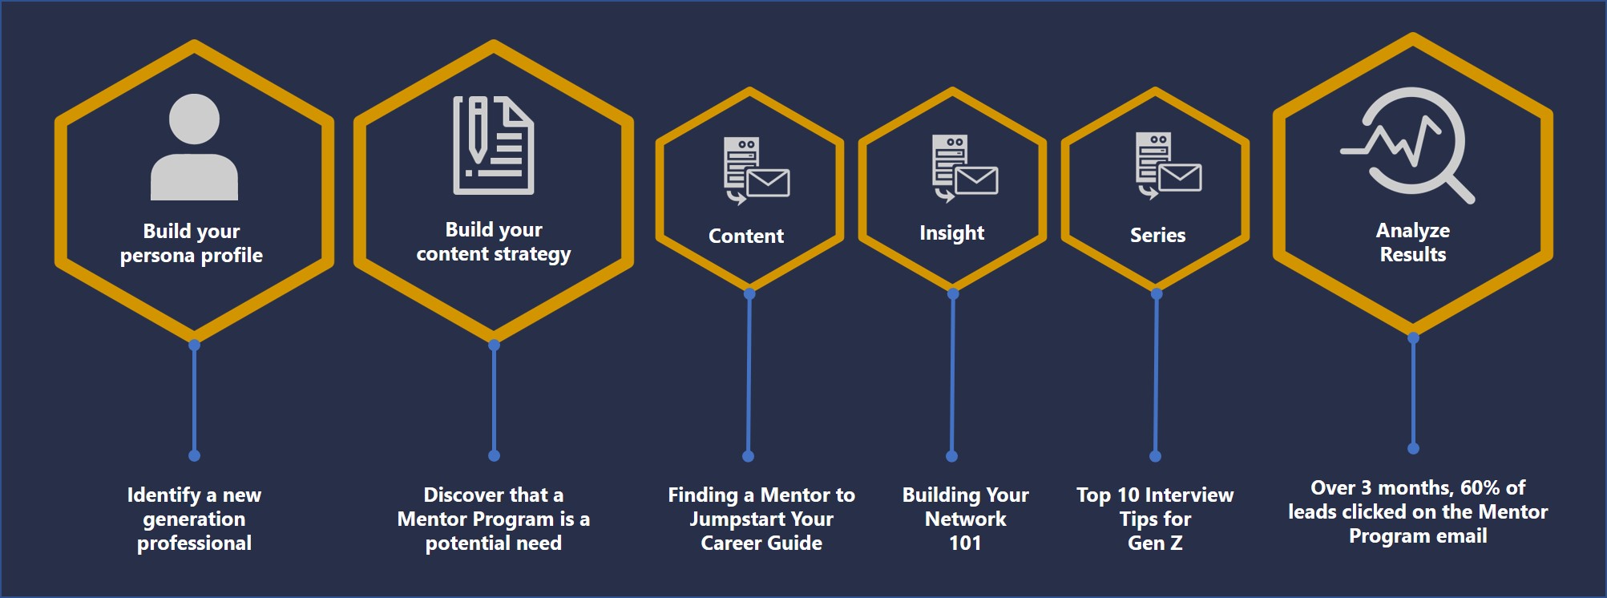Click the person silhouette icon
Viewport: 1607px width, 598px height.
click(x=194, y=147)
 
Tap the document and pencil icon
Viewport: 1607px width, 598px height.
click(x=493, y=145)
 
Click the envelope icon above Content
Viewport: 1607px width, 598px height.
click(x=768, y=182)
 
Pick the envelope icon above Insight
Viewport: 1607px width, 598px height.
click(x=976, y=180)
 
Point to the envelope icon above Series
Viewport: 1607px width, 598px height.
click(x=1180, y=177)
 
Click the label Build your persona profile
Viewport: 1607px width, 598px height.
click(x=192, y=243)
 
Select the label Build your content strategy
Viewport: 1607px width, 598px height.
click(x=494, y=241)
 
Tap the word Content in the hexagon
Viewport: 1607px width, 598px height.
click(x=746, y=236)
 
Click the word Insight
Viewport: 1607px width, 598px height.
click(x=951, y=232)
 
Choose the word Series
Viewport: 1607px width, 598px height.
click(x=1157, y=235)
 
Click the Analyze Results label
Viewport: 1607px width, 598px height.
click(x=1412, y=242)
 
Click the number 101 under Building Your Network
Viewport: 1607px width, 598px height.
click(x=965, y=543)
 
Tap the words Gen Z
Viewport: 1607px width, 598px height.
click(x=1155, y=543)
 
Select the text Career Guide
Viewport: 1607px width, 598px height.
click(x=761, y=543)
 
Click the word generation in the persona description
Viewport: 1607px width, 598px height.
click(x=194, y=519)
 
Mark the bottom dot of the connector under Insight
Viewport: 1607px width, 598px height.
click(x=951, y=456)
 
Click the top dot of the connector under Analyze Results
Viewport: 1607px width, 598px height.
click(x=1413, y=338)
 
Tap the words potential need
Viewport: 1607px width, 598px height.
click(x=493, y=543)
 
